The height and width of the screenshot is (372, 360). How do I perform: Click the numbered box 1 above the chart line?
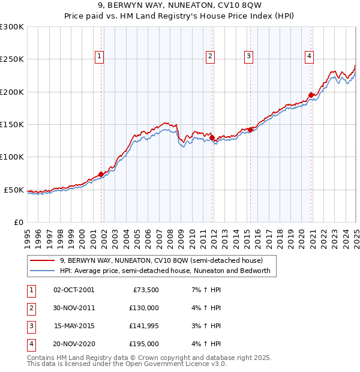coord(99,57)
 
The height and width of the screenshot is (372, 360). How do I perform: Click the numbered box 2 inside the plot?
coord(211,57)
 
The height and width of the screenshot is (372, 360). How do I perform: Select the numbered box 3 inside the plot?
coord(248,57)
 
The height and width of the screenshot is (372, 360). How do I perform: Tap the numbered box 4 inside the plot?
coord(309,57)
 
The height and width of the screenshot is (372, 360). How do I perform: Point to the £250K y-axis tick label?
coord(12,59)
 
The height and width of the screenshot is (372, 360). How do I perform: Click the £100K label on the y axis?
coord(12,157)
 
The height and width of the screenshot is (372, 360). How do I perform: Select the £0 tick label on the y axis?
coord(18,222)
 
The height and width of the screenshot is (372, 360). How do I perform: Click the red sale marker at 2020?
coord(311,95)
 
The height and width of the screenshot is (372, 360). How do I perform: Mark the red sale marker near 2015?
coord(250,130)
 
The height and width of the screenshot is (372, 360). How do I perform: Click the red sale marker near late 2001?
coord(101,174)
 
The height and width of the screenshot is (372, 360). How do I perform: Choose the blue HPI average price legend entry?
coord(165,271)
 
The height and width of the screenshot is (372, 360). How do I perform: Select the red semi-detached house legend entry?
coord(161,260)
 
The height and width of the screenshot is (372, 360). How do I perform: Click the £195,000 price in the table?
coord(143,344)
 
